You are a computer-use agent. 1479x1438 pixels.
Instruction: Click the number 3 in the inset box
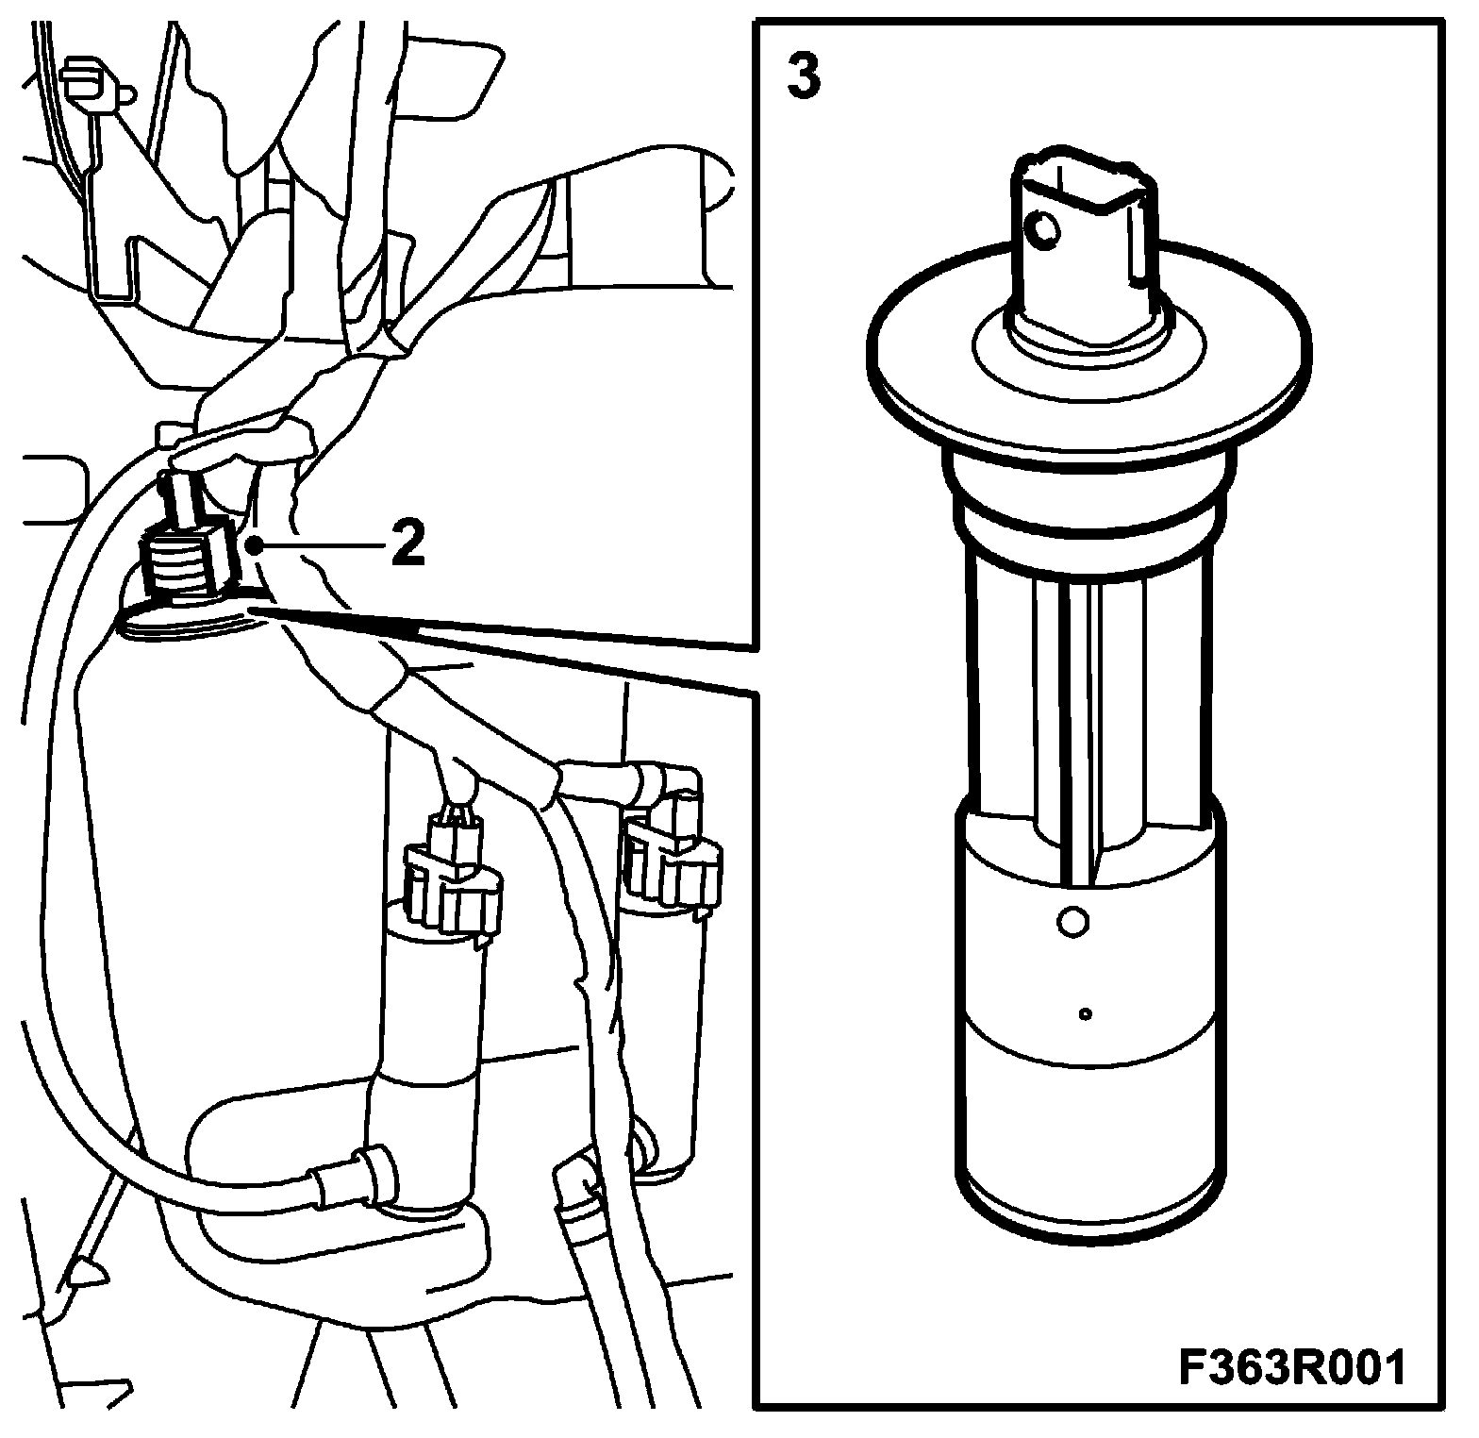pos(803,77)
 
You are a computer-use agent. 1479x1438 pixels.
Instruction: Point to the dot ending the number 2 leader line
pos(253,545)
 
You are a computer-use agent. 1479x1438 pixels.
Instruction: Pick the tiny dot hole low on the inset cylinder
pos(1086,1014)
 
